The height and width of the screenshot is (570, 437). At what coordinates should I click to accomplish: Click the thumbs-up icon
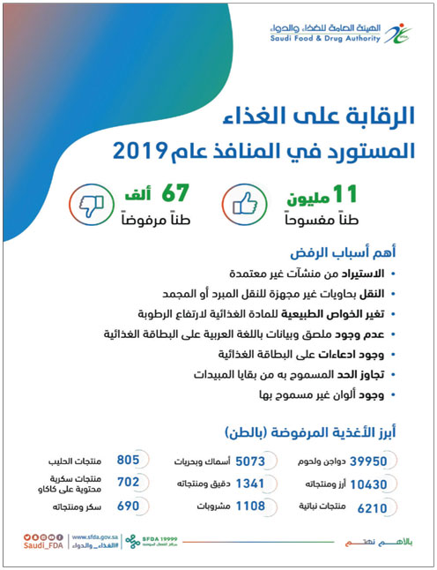point(248,204)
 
